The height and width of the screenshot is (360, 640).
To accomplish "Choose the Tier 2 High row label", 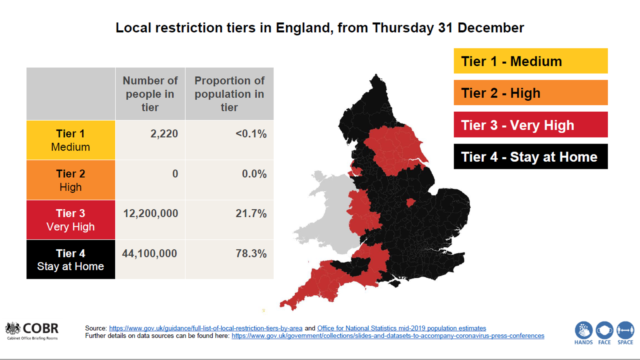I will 71,180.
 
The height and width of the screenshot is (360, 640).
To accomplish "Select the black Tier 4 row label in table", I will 71,260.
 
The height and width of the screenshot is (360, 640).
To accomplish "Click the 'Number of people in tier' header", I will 150,94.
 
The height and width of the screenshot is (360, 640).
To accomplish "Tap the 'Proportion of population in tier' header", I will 229,94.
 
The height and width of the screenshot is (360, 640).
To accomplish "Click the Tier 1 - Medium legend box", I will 530,61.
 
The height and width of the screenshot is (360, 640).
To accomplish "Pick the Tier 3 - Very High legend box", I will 530,125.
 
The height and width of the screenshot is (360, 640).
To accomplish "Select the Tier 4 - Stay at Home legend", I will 530,157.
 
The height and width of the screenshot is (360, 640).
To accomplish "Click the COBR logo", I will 32,331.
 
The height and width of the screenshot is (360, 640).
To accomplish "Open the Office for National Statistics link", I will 402,328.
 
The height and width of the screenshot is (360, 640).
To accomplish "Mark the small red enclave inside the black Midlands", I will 410,202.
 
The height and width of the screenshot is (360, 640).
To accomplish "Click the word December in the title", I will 490,28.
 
